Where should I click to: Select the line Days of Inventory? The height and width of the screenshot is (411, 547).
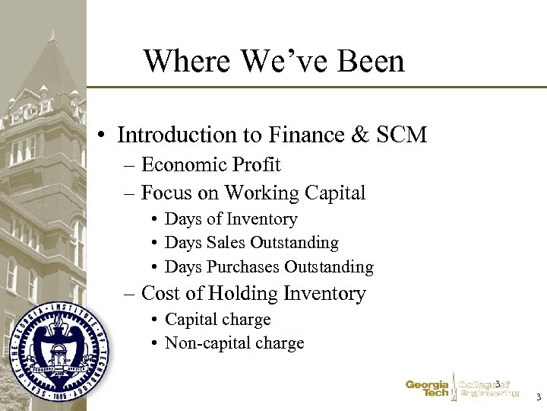(231, 219)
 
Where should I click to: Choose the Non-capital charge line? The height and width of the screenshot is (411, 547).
(234, 343)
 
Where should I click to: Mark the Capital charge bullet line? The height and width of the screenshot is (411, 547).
(217, 320)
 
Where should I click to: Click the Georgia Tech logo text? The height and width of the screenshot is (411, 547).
(428, 389)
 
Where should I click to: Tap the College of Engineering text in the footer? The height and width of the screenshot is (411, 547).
(489, 389)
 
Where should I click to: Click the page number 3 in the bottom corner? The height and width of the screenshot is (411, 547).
(538, 397)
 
